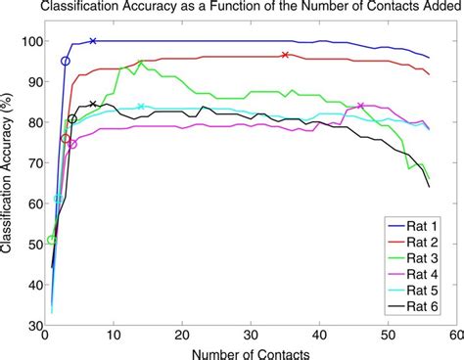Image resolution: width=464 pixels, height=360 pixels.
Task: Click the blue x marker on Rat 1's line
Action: pos(93,41)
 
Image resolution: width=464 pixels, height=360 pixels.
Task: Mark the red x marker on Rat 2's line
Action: pos(285,55)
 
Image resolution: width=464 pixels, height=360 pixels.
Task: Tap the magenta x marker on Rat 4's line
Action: pos(360,106)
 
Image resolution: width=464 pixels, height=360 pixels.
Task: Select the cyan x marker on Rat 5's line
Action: pos(141,106)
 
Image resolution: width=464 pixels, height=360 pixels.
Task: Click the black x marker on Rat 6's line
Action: pos(93,104)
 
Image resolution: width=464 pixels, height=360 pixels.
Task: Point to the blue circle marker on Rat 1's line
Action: pos(66,61)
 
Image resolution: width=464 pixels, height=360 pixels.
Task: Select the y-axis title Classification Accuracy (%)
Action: pos(9,183)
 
